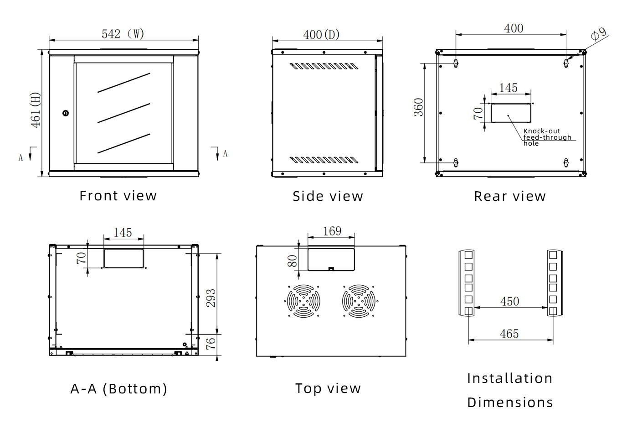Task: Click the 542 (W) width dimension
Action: (x=123, y=34)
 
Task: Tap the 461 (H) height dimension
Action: (x=36, y=110)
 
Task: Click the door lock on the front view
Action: (x=66, y=113)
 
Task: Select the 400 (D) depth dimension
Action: (x=321, y=35)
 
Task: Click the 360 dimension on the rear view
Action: (x=418, y=107)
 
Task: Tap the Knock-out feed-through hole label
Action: (x=547, y=137)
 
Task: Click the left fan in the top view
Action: (x=303, y=301)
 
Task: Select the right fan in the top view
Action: (x=359, y=301)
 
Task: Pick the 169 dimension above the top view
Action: (x=332, y=231)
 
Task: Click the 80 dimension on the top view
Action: (x=292, y=261)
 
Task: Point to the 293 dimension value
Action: (x=211, y=298)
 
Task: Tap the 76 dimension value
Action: (x=211, y=343)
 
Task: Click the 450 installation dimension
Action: (x=509, y=301)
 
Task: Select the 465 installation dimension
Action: (x=509, y=334)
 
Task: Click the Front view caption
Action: (x=118, y=196)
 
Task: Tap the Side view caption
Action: (x=328, y=196)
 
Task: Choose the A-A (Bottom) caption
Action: (x=119, y=389)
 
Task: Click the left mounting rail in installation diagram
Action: (x=467, y=283)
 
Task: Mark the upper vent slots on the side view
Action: (x=324, y=67)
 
